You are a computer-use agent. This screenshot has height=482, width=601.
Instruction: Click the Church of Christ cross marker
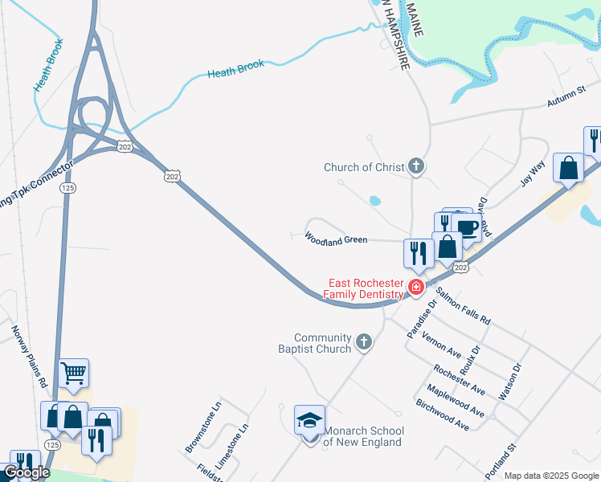415,167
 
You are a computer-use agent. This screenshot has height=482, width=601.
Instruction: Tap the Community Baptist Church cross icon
363,343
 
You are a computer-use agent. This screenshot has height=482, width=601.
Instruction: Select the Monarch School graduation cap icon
309,420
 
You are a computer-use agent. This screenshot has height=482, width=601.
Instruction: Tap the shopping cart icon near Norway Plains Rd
73,372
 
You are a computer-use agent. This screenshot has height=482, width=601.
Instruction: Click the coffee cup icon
467,227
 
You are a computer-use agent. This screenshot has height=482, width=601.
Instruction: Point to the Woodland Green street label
336,239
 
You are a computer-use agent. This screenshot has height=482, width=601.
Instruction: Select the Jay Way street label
532,173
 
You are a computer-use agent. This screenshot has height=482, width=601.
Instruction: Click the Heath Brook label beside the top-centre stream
235,69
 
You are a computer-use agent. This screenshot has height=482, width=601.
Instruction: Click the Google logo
27,472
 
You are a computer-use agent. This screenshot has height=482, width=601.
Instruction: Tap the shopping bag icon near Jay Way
568,169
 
